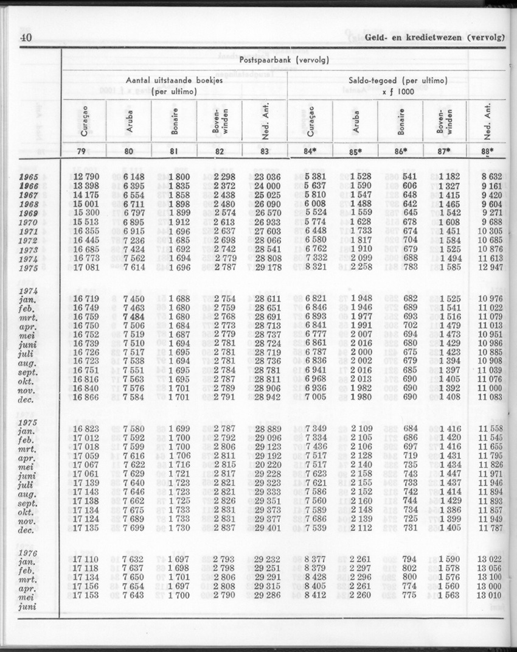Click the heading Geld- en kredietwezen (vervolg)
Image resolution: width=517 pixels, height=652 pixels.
pos(436,37)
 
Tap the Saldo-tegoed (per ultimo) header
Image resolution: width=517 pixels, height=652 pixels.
pos(398,80)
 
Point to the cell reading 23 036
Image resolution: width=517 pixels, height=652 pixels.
pos(263,177)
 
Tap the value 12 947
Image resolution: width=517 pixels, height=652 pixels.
pos(493,267)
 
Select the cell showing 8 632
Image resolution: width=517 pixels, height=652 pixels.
pos(494,177)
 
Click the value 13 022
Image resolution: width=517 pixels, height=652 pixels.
pos(493,558)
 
